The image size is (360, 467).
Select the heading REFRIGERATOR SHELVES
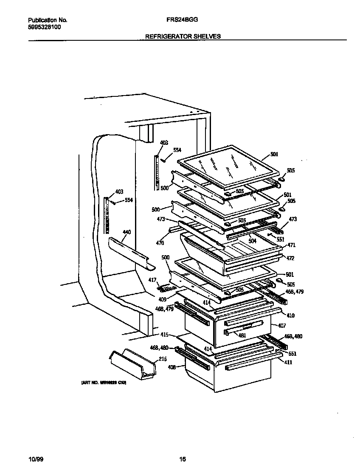click(x=183, y=37)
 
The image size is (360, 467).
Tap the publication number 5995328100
click(x=44, y=27)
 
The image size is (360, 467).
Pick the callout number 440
click(x=127, y=232)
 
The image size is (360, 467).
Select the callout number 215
click(x=162, y=359)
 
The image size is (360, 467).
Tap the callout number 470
click(x=160, y=243)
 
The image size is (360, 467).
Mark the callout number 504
click(x=253, y=240)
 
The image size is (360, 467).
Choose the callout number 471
click(x=292, y=245)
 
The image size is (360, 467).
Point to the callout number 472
click(x=290, y=258)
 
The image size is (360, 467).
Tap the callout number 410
click(x=291, y=315)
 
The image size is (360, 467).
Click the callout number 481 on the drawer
click(x=242, y=335)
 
